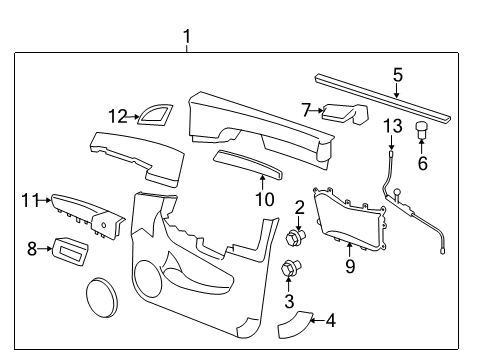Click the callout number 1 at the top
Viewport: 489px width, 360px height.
(x=186, y=38)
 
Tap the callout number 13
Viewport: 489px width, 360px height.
(x=393, y=125)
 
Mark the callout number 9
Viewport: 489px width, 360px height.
(x=349, y=267)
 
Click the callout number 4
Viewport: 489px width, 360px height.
(x=331, y=321)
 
